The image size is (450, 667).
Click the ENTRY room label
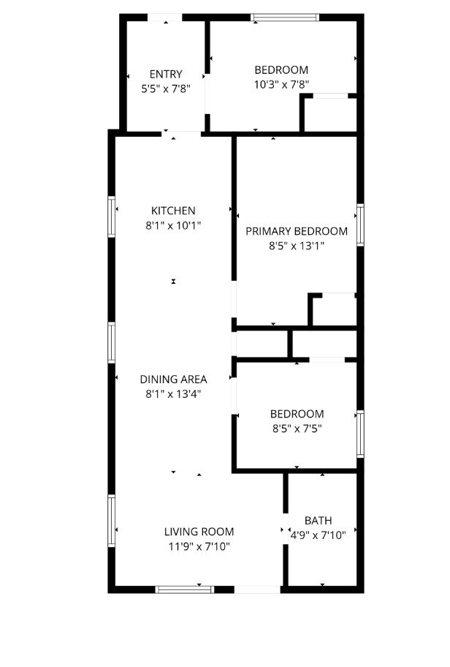[166, 75]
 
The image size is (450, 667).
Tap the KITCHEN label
[173, 211]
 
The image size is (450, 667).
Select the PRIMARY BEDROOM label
[297, 231]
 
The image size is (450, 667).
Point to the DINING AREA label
[173, 379]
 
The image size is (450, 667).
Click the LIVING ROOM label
[199, 532]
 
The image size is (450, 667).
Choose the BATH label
[319, 521]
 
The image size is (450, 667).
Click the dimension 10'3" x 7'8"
[281, 85]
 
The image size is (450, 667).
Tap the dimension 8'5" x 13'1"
[297, 246]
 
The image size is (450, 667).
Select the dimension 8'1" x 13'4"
[173, 394]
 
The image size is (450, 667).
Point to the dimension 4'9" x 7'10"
[319, 535]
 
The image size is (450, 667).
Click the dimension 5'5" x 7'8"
[166, 89]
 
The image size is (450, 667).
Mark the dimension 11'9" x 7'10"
[199, 546]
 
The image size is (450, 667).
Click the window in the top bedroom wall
[285, 18]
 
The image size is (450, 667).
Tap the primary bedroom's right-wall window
[360, 225]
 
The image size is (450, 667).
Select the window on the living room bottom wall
[184, 589]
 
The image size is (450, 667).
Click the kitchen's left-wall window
[111, 216]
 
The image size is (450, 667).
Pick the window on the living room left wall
[111, 521]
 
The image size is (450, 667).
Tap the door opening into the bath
[286, 530]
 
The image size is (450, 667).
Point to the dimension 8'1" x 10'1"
[173, 225]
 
